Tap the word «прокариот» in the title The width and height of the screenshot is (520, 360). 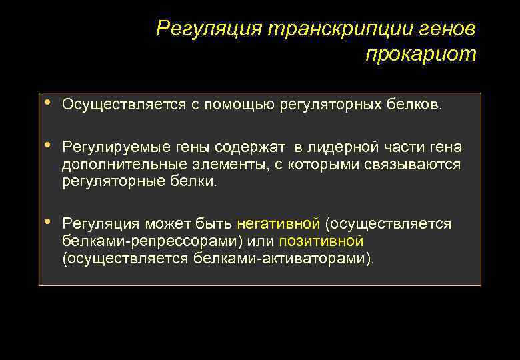(421, 55)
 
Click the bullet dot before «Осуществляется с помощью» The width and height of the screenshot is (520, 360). (46, 103)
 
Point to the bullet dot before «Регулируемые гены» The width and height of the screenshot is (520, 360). (46, 146)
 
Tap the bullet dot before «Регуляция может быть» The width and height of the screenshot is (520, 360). (46, 223)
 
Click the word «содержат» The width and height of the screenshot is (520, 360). (253, 147)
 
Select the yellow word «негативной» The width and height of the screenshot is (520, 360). (278, 224)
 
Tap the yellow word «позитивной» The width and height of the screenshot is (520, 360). (321, 241)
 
